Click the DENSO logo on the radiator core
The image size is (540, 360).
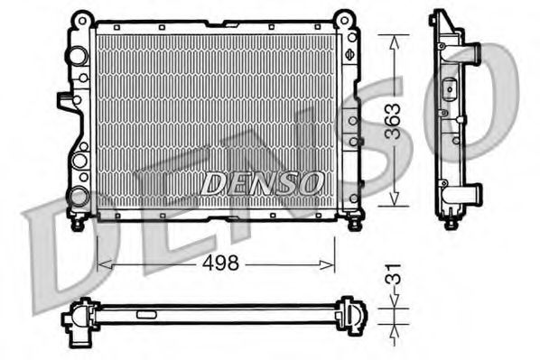coord(262,183)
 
